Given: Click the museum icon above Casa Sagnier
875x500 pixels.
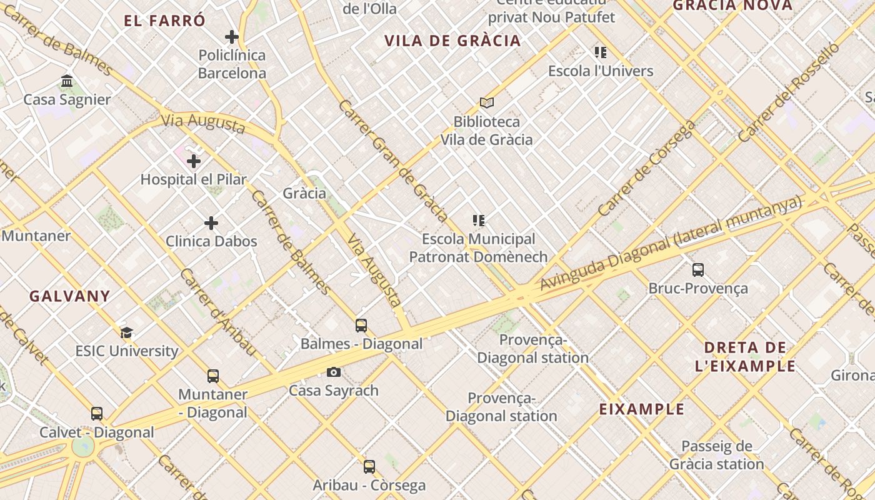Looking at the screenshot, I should pyautogui.click(x=67, y=81).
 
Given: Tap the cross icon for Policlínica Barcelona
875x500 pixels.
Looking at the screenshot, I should pyautogui.click(x=232, y=37).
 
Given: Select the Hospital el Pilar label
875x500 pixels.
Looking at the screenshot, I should pyautogui.click(x=193, y=179).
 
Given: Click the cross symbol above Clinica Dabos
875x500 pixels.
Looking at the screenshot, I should pyautogui.click(x=211, y=223).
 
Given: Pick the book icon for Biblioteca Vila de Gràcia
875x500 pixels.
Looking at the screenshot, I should pyautogui.click(x=487, y=102).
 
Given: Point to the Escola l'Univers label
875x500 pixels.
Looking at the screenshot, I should pyautogui.click(x=601, y=71).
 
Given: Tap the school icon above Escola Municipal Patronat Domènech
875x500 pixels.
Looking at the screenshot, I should pyautogui.click(x=479, y=221).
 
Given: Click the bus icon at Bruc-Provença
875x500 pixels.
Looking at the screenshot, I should pyautogui.click(x=698, y=270).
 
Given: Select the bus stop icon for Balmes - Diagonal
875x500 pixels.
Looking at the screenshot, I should pyautogui.click(x=361, y=326).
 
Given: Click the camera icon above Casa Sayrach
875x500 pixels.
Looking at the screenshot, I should pyautogui.click(x=334, y=372).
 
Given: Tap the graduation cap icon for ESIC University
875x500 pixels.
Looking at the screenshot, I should pyautogui.click(x=127, y=332).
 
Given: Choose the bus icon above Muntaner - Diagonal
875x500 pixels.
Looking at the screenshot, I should pyautogui.click(x=213, y=376).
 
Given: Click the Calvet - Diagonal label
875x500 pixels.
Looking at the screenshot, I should pyautogui.click(x=97, y=432).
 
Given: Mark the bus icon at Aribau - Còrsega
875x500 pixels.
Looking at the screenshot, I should pyautogui.click(x=369, y=467).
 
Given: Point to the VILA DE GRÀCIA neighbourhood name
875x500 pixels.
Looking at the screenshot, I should pyautogui.click(x=452, y=41).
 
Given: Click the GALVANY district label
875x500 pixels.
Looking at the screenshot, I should pyautogui.click(x=69, y=296).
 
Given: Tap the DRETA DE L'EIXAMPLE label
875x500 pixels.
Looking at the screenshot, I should pyautogui.click(x=745, y=357).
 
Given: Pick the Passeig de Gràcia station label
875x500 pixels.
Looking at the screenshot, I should pyautogui.click(x=716, y=455).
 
